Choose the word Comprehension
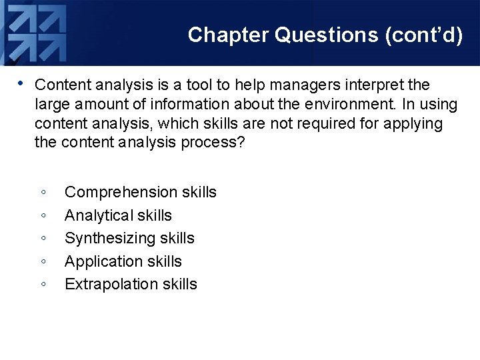click(x=111, y=193)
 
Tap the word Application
click(x=102, y=261)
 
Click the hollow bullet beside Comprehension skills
click(x=43, y=193)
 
